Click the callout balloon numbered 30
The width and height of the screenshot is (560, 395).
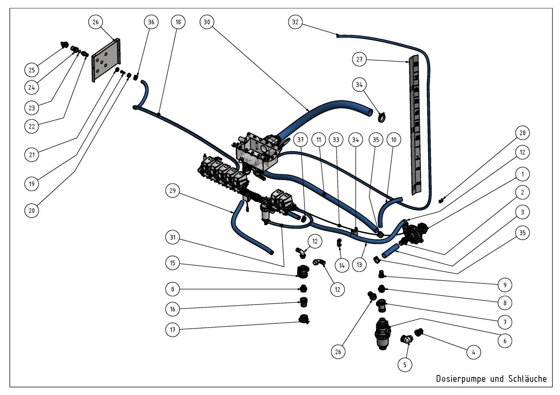[207, 22]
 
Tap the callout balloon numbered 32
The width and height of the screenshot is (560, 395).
[295, 22]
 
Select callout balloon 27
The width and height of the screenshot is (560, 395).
[359, 59]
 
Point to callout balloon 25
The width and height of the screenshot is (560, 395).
[31, 70]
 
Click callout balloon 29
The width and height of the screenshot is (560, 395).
[173, 191]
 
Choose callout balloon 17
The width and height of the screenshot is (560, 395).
[173, 330]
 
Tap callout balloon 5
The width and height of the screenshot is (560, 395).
[405, 365]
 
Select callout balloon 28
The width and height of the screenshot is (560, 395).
[522, 133]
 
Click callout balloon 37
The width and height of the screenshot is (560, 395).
[300, 139]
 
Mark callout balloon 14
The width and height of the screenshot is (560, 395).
[342, 265]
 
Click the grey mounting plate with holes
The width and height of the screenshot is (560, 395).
[106, 60]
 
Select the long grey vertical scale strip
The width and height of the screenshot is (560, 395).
[415, 125]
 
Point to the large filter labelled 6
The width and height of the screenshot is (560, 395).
[383, 334]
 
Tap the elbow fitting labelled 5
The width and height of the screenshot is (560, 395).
[407, 339]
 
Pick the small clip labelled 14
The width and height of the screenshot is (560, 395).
[339, 243]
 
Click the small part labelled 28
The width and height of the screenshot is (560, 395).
[441, 201]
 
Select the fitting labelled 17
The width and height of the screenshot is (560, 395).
[304, 319]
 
